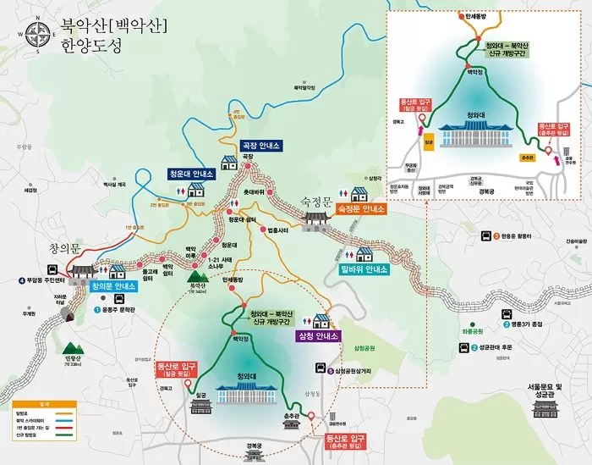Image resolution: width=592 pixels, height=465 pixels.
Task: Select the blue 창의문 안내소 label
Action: (113, 287)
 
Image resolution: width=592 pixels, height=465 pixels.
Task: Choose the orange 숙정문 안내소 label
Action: (361, 208)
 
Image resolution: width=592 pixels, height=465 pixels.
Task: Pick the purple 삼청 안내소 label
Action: (318, 336)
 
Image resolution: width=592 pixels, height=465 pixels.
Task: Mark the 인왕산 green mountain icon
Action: (69, 348)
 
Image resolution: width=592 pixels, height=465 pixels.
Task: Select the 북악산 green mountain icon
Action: (199, 276)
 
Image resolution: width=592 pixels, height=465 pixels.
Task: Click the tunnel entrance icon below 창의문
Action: (68, 315)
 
